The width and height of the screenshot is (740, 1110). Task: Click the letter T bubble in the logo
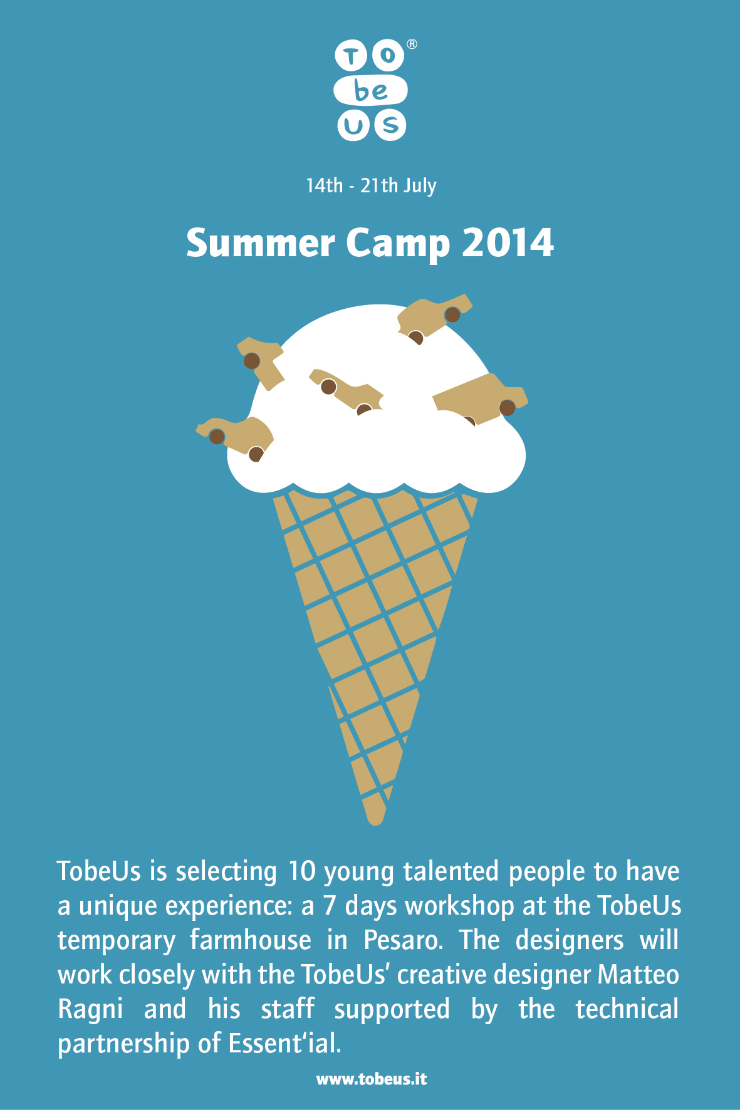pos(352,56)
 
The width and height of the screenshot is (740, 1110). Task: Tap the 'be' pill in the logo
pos(371,91)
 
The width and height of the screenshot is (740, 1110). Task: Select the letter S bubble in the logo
pos(390,125)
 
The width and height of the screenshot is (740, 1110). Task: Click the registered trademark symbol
pos(412,44)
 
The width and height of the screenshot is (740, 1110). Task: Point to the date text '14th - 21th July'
pos(371,186)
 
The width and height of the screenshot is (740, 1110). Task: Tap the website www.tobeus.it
pos(371,1079)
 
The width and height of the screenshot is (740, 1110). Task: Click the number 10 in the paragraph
pos(301,872)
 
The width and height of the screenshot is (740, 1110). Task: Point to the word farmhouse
pos(251,940)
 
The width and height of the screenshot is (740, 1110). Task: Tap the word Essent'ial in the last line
pos(285,1044)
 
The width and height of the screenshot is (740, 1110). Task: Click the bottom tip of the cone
pos(375,822)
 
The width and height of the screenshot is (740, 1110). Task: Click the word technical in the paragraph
pos(627,1009)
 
